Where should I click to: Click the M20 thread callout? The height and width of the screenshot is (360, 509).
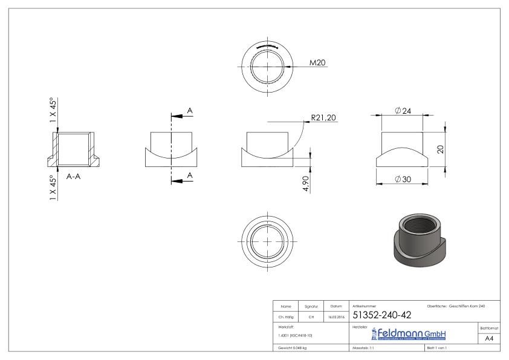tap(318, 62)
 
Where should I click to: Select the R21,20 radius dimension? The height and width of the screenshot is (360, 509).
tap(323, 118)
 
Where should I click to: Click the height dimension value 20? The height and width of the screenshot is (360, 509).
tap(441, 149)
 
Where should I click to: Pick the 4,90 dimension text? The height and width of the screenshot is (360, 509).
tap(306, 183)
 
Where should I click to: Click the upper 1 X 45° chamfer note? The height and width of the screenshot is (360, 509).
tap(54, 111)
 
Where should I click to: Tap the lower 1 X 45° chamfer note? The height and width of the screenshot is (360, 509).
tap(54, 188)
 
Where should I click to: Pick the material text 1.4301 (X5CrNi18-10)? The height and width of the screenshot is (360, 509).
tap(294, 335)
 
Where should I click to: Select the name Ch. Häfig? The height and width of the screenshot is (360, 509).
tap(287, 316)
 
